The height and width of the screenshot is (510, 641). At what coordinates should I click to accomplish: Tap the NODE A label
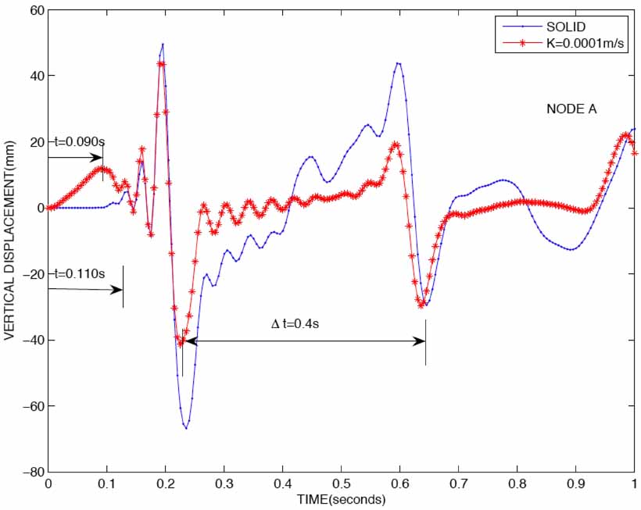571,109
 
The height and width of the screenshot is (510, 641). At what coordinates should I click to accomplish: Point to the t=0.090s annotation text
80,141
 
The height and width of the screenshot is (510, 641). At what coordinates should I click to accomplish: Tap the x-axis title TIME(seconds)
342,498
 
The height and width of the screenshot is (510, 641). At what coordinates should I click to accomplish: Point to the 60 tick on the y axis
34,9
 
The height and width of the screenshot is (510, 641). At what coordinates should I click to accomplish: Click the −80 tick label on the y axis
31,472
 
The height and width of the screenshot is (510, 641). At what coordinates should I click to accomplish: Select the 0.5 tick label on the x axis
342,485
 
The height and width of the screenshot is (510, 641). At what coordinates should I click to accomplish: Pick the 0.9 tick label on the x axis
576,485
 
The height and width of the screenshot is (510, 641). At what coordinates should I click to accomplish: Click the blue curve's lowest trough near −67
186,428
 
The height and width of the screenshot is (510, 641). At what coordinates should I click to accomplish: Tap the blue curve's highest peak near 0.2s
163,45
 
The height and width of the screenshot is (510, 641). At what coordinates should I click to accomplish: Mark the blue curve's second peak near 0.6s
399,63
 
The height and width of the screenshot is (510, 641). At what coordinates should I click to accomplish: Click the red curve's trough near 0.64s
422,305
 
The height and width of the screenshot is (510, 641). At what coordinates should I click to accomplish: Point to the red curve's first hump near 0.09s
101,168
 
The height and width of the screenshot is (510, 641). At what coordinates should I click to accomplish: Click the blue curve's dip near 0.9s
573,249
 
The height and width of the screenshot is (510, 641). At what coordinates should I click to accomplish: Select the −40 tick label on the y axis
31,340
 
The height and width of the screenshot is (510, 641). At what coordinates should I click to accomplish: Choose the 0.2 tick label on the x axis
166,485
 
